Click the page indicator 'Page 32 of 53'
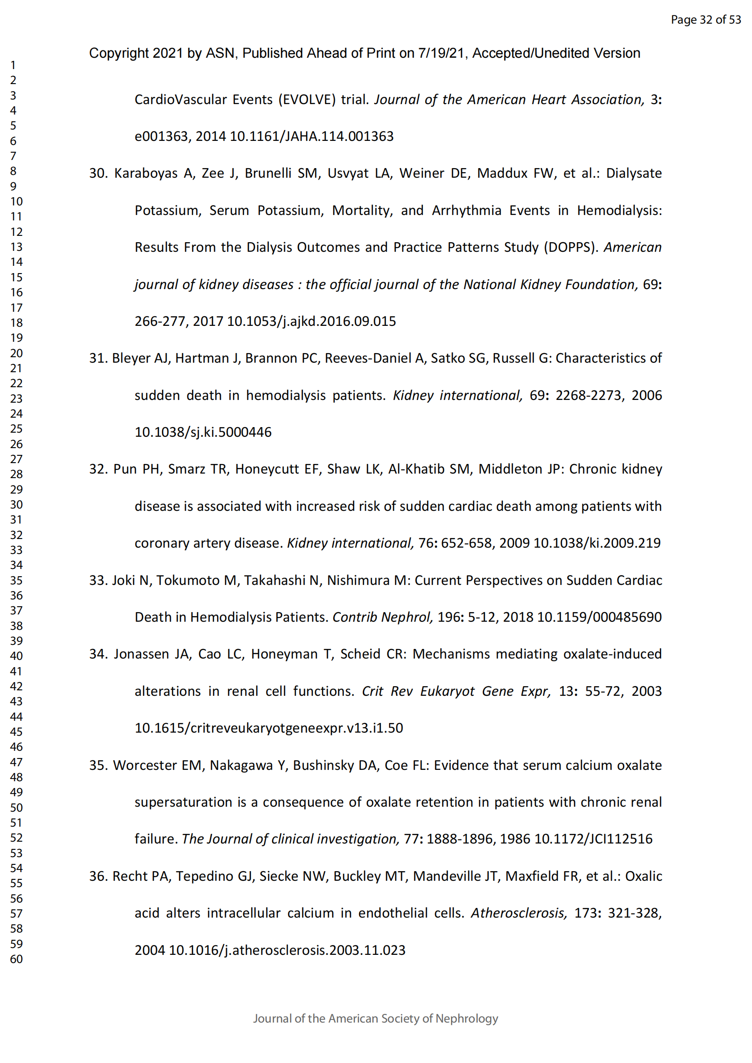coord(706,20)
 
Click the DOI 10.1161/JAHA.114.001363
coord(311,136)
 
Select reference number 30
coord(98,173)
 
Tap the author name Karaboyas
coord(146,173)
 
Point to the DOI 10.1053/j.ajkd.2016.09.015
coord(311,321)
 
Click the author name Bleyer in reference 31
coord(131,358)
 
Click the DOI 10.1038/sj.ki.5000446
coord(203,432)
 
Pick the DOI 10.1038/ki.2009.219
coord(597,543)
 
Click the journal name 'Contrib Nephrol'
coord(382,617)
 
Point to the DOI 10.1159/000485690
coord(599,617)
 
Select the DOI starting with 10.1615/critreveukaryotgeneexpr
coord(269,728)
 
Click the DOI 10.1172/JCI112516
coord(593,839)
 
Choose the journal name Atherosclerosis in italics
coord(519,913)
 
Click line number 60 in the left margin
coord(16,959)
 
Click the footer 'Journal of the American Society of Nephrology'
coord(376,1018)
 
